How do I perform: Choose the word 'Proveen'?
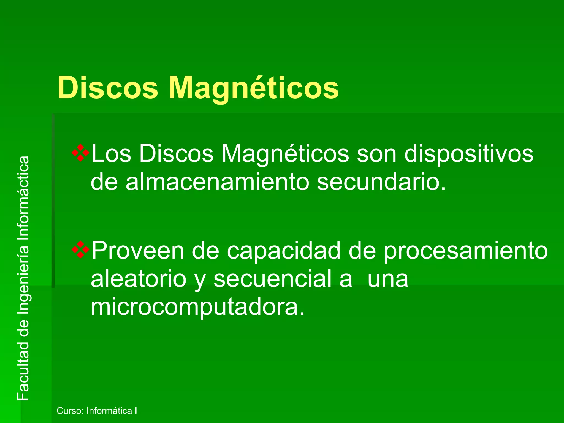(138, 251)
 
